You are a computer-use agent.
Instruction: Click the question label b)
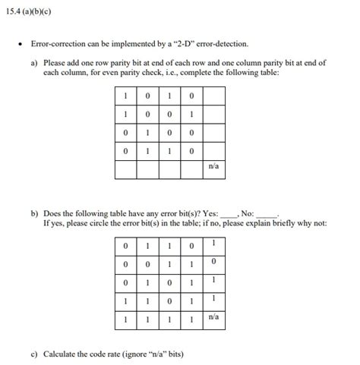[x=35, y=214]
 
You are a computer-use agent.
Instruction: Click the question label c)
[x=35, y=354]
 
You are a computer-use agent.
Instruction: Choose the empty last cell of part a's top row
[x=214, y=95]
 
